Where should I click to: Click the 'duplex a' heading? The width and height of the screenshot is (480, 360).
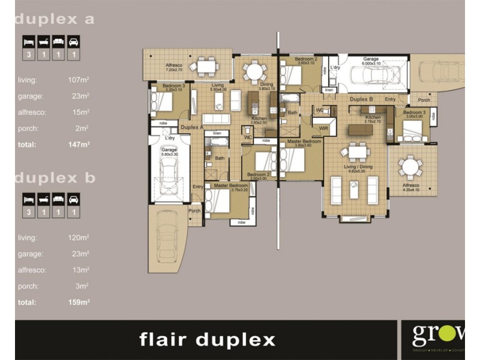55,19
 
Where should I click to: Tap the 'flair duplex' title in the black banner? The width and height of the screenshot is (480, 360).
207,340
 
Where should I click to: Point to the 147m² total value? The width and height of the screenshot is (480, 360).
78,145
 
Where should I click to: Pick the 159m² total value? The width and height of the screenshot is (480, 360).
78,302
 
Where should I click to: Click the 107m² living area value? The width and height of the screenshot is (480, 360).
78,79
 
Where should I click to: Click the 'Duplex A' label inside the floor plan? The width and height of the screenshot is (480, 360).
192,127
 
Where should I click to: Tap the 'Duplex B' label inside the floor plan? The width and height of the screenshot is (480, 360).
362,98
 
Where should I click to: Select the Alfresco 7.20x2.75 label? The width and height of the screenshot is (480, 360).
173,67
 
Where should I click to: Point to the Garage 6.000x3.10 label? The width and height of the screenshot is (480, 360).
370,61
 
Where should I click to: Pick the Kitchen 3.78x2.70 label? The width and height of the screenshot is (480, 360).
373,119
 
